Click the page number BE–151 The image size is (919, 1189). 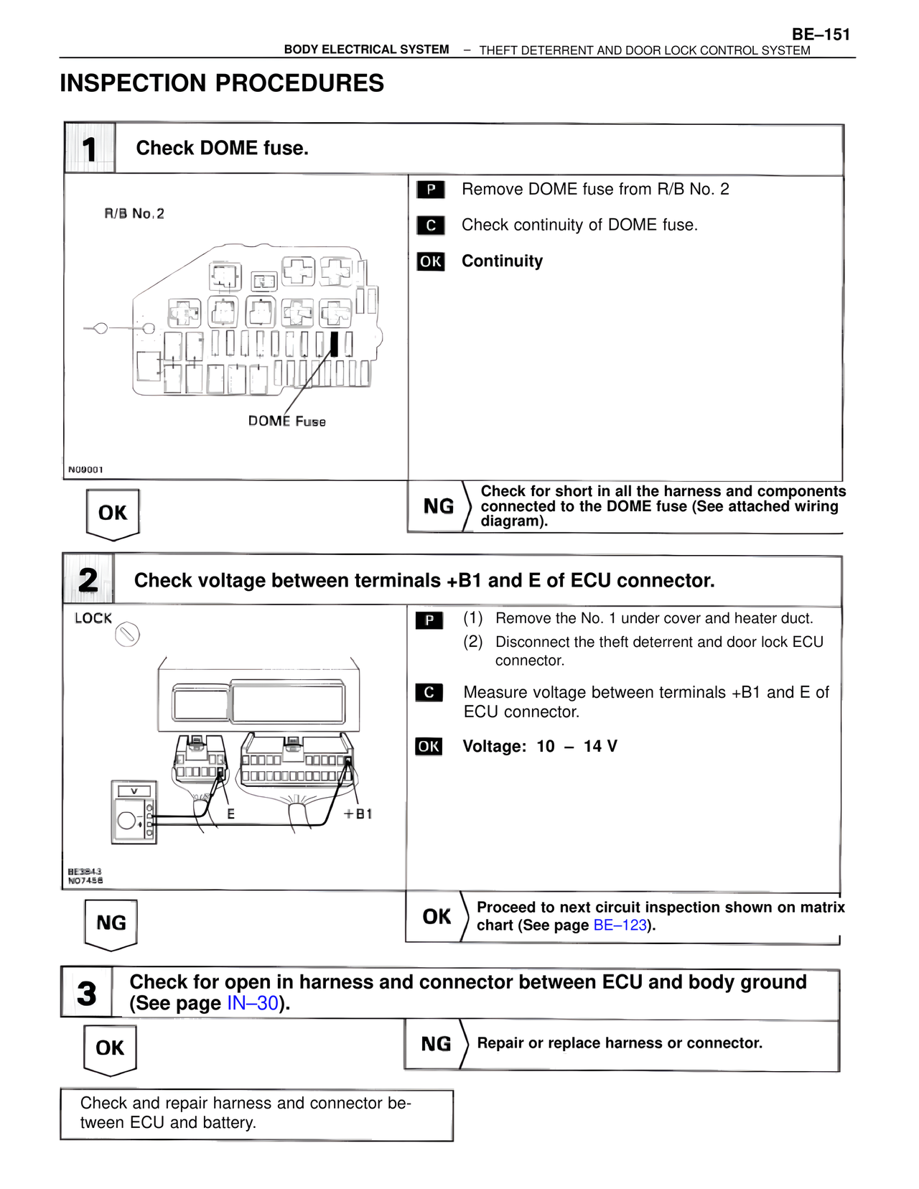tap(821, 34)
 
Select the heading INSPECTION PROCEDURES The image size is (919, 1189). tap(222, 83)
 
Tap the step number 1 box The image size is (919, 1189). tap(90, 149)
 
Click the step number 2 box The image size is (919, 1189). tap(88, 579)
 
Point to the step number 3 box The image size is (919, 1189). tap(87, 993)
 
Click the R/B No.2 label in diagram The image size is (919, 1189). tap(134, 213)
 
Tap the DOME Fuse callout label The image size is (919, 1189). tap(286, 421)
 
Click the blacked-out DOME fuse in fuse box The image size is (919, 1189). tap(334, 344)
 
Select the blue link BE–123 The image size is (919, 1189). tap(620, 925)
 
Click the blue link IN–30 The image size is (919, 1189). tap(253, 1003)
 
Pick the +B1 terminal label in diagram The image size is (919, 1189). tap(358, 814)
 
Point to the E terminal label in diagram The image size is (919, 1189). tap(230, 814)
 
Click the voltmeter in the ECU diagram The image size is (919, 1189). tap(134, 812)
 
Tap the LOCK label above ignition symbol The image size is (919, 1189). tap(93, 618)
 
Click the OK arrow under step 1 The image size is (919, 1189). tap(113, 513)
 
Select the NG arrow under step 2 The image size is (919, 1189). tap(111, 923)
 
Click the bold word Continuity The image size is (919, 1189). tap(502, 261)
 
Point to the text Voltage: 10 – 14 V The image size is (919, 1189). tap(539, 747)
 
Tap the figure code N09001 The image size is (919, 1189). tap(85, 470)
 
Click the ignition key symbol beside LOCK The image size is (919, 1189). tap(127, 635)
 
